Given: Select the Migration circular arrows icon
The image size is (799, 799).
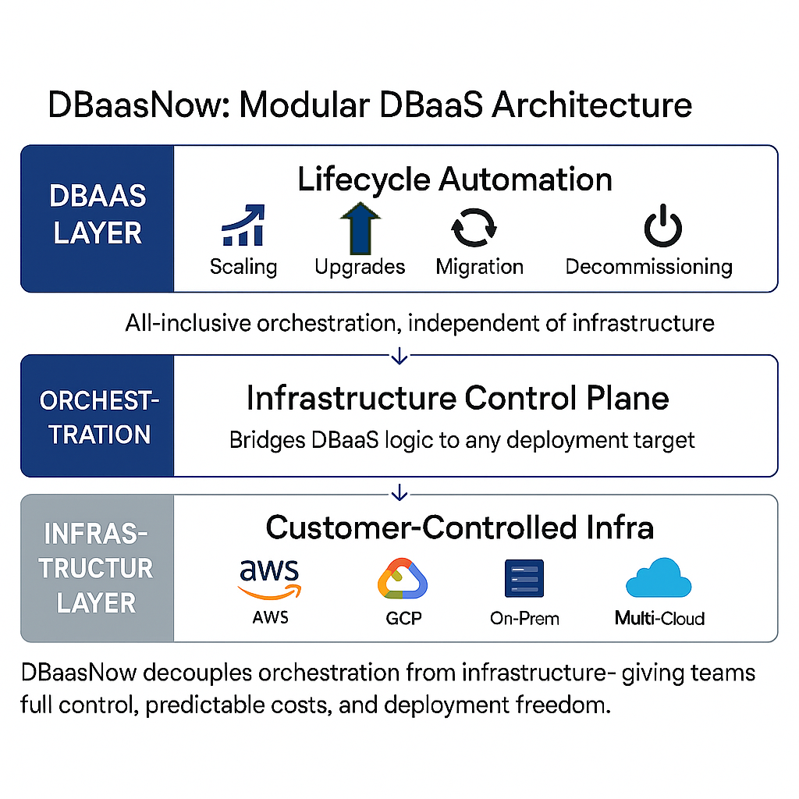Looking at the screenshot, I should click(x=474, y=227).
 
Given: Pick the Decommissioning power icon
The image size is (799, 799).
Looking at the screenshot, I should click(x=662, y=227).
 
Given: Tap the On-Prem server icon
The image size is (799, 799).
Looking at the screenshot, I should click(x=524, y=579).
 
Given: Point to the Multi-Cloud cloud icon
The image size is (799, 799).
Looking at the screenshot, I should click(x=659, y=579).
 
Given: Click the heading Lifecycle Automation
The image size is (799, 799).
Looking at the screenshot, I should click(x=455, y=179).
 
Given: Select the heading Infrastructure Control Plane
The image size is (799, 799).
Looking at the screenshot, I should click(x=458, y=398).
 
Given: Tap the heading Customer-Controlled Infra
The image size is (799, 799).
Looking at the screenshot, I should click(x=460, y=527).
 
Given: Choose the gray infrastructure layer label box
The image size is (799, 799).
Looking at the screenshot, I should click(x=98, y=568).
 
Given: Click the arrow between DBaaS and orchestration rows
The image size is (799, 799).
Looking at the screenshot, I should click(x=399, y=356).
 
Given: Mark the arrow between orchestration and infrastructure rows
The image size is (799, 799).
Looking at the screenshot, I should click(x=399, y=492).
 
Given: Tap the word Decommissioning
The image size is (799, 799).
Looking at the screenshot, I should click(x=648, y=267).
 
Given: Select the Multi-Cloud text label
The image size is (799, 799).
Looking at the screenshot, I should click(x=659, y=619).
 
